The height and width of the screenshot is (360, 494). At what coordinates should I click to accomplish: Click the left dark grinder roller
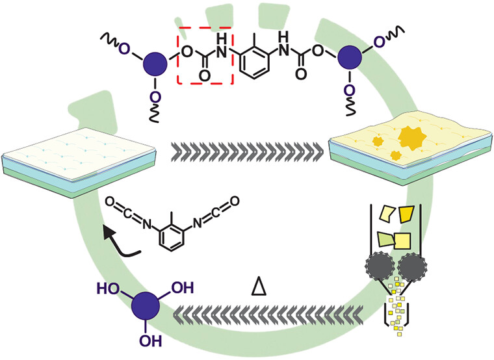tap(380, 265)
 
